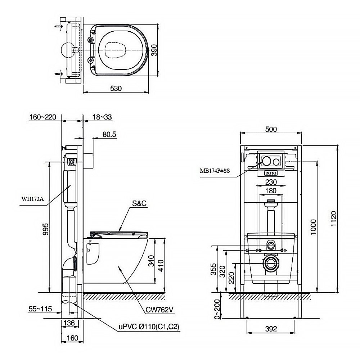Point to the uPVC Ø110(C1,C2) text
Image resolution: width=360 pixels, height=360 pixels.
(x=149, y=327)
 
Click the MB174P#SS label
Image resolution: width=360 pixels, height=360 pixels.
(x=215, y=171)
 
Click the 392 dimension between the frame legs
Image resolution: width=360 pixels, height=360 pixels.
(x=271, y=328)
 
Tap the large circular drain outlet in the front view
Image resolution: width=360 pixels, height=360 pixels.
(x=271, y=263)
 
